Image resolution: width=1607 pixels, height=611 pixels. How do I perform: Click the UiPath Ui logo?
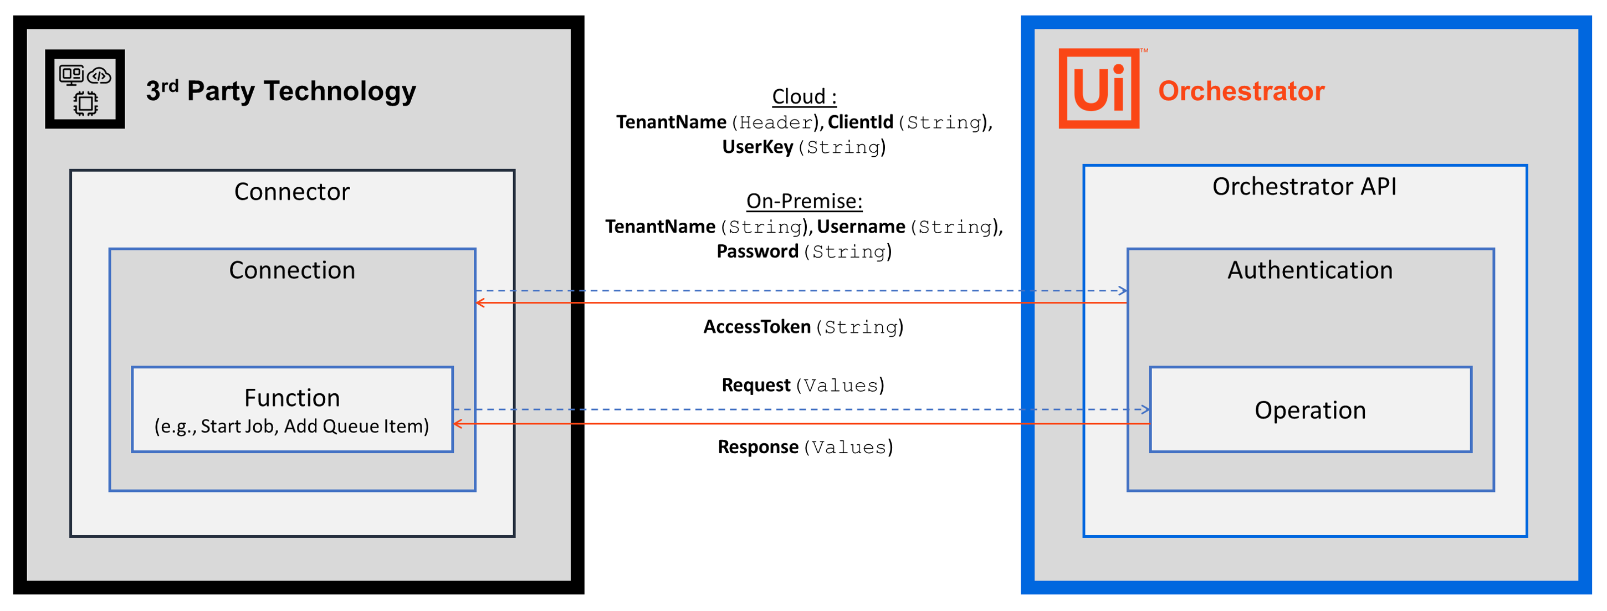tap(1099, 89)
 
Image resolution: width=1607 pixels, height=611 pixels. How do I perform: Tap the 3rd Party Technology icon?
tap(85, 89)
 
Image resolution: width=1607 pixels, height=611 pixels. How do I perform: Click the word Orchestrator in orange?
tap(1241, 91)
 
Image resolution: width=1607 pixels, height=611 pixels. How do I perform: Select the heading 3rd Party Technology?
tap(281, 91)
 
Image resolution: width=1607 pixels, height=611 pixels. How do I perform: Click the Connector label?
tap(292, 192)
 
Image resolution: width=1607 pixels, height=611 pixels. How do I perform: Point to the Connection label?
tap(292, 270)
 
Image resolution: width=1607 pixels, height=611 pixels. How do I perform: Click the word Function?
tap(292, 398)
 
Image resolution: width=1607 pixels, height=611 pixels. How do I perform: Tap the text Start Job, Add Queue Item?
tap(292, 427)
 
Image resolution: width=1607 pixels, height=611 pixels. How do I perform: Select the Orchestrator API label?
tap(1304, 187)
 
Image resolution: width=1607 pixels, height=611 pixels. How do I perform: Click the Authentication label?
tap(1310, 270)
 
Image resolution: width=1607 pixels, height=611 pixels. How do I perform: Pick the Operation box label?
tap(1310, 410)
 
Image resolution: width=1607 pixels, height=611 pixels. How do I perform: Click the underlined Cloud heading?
tap(804, 96)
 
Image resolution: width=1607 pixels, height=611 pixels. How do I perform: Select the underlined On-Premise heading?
tap(804, 201)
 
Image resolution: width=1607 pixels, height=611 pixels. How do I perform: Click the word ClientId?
tap(860, 122)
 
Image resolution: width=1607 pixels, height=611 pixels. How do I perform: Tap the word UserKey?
tap(758, 147)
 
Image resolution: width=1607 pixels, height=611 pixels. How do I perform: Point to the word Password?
tap(758, 251)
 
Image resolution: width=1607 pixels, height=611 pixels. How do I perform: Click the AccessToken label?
tap(757, 327)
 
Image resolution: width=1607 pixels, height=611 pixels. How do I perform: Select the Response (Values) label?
tap(805, 447)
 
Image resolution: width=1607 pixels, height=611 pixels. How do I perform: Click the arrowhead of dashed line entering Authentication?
tap(1123, 290)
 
